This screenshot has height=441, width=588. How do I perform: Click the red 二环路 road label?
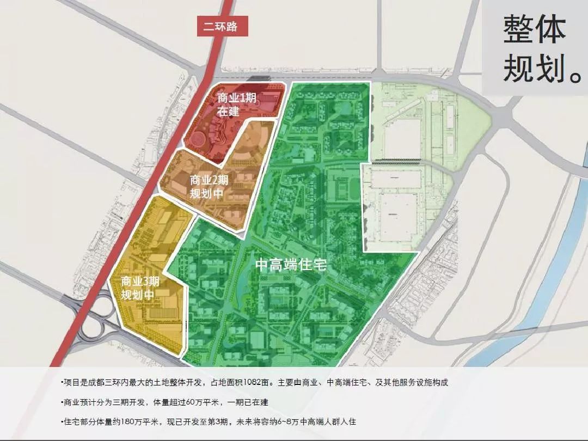222,26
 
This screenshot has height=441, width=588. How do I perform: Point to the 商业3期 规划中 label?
140,289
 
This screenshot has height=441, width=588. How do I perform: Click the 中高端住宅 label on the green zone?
291,265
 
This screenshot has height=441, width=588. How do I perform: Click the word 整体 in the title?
534,30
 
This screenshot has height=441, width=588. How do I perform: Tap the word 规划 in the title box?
526,68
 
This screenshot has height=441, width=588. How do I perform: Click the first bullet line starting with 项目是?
256,383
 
